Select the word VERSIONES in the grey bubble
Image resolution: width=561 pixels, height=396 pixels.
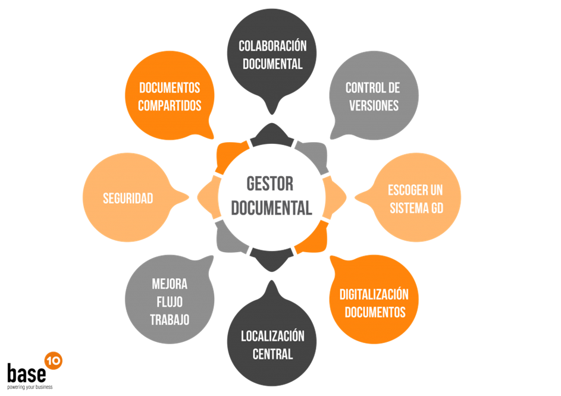(374, 106)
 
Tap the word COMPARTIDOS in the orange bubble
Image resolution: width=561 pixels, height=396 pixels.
(170, 106)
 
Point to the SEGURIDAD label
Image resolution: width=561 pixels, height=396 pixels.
(128, 199)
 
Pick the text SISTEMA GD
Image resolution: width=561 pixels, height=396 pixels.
(416, 209)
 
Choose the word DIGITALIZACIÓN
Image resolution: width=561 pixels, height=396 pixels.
(374, 294)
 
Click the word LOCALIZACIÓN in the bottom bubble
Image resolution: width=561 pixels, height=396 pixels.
(272, 337)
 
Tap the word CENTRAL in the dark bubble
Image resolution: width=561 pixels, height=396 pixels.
(272, 354)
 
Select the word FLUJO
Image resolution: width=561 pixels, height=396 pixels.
(170, 301)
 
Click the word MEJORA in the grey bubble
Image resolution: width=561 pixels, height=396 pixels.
(170, 284)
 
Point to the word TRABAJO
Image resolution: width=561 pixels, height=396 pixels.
(170, 319)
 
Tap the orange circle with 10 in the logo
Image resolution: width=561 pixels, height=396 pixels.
(53, 360)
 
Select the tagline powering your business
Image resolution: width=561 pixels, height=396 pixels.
(30, 387)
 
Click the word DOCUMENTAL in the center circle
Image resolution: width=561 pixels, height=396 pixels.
(271, 208)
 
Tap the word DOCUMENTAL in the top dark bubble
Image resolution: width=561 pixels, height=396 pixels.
(272, 64)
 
